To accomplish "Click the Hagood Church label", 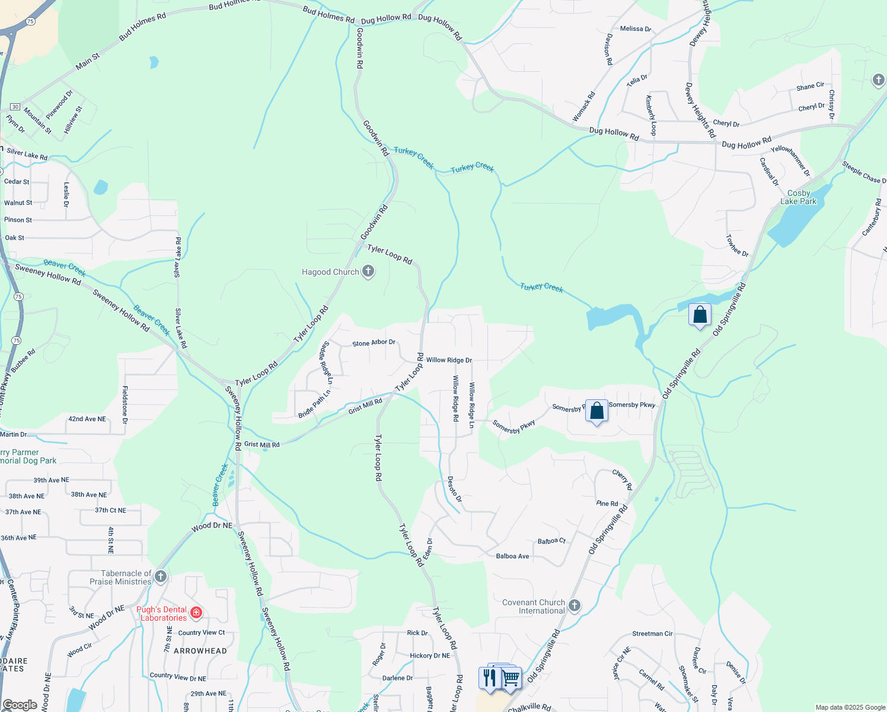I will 330,272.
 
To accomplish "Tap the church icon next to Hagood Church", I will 368,271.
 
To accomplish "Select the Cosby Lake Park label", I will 798,198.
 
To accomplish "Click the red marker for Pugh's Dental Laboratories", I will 196,613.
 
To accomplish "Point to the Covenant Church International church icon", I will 574,605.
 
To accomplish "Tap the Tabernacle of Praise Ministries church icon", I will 160,576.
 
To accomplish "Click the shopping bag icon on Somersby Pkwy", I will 596,411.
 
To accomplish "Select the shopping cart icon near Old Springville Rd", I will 511,678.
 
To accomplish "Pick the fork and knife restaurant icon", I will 489,677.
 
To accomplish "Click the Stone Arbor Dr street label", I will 374,343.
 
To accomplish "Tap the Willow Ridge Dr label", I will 449,360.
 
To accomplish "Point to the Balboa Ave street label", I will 512,557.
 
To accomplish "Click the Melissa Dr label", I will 635,28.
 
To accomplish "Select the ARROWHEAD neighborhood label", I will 200,651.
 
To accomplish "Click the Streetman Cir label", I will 652,634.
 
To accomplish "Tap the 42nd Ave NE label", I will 87,419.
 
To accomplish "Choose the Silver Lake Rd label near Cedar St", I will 27,154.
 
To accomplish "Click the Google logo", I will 20,705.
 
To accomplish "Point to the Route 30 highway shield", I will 15,107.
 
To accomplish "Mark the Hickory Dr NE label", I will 430,656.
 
